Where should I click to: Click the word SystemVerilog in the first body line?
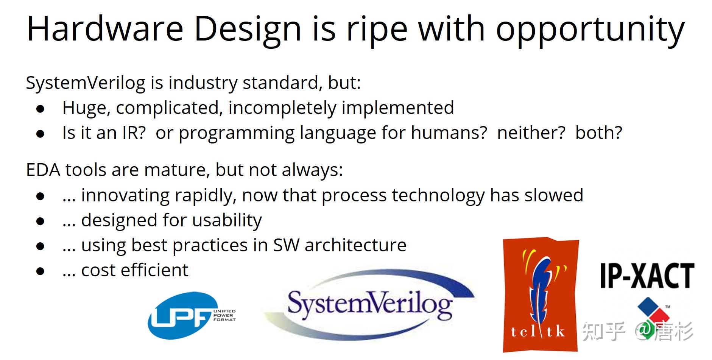point(86,83)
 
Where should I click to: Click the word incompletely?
point(282,108)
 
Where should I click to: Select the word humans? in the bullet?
point(449,133)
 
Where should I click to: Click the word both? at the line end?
point(599,133)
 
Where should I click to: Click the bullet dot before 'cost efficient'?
point(40,271)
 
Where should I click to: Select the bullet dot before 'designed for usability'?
point(40,221)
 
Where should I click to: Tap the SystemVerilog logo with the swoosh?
point(369,305)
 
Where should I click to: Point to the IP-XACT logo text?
point(647,275)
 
